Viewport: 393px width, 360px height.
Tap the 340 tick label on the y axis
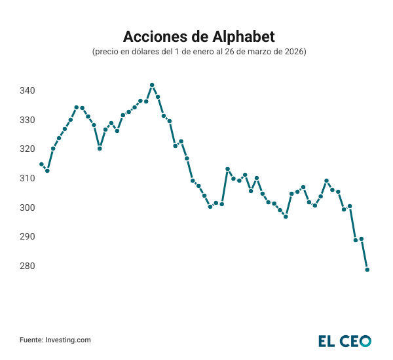[26, 90]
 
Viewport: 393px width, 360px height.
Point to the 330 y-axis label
[26, 120]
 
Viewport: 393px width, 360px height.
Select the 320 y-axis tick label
[26, 149]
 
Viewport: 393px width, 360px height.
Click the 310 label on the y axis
[26, 178]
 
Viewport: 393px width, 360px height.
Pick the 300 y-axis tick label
[26, 207]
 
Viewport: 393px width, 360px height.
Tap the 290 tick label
[26, 236]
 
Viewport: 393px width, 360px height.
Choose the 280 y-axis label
[26, 266]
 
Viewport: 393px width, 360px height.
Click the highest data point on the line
[152, 85]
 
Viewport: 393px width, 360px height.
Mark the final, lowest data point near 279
[367, 270]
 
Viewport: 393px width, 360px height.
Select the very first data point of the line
[41, 164]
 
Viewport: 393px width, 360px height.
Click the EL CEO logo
[345, 340]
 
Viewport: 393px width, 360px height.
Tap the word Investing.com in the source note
[67, 340]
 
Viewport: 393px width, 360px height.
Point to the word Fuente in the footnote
[31, 340]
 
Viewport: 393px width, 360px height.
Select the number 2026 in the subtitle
[293, 51]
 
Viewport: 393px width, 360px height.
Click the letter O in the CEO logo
[365, 340]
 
